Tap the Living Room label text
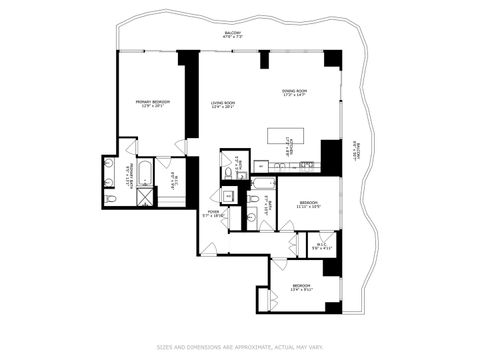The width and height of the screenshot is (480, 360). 222,104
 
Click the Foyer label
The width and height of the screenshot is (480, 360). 214,213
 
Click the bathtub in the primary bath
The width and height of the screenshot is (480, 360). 144,171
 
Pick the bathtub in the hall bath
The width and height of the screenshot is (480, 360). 263,183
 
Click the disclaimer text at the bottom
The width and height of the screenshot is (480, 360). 239,348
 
